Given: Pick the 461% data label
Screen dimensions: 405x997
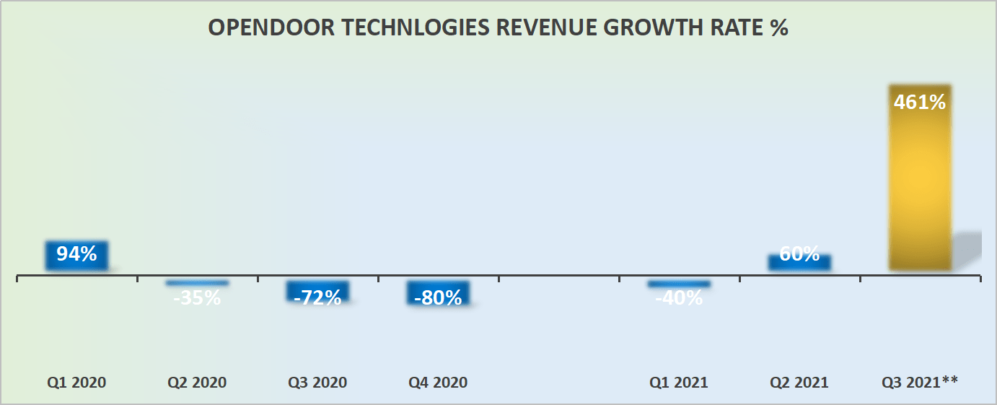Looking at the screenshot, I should [919, 103].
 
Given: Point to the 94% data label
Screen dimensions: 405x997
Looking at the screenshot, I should [76, 254].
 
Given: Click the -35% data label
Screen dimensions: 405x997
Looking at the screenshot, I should [197, 297].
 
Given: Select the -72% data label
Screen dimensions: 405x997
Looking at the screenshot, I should [318, 297].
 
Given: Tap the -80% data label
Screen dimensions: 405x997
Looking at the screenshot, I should [439, 297].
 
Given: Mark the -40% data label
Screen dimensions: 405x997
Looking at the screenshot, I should [679, 297].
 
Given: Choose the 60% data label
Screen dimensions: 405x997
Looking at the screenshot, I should [799, 254].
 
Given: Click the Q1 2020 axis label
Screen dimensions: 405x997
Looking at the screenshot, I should [76, 382].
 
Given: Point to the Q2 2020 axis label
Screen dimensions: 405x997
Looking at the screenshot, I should [197, 382].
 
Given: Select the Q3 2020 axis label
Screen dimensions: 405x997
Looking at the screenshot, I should [317, 382].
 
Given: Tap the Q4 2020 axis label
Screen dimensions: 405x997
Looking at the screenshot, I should [438, 382].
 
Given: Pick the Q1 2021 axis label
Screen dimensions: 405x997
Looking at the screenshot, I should [679, 382].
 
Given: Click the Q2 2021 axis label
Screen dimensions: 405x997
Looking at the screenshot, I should [799, 382].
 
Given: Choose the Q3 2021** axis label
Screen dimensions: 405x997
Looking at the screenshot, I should [920, 382].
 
